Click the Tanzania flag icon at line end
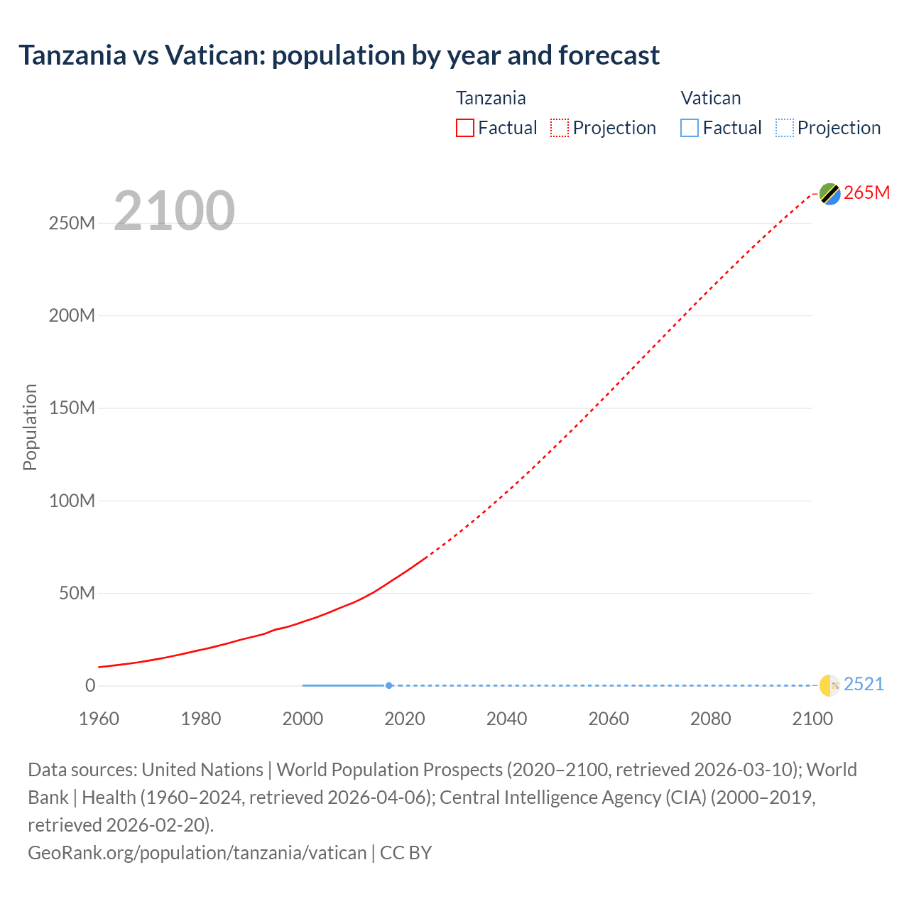[x=829, y=193]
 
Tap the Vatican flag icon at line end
[x=829, y=685]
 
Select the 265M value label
[x=866, y=192]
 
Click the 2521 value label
[x=864, y=684]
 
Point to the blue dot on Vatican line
[x=388, y=685]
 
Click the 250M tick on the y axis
[x=72, y=223]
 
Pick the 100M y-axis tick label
[x=72, y=501]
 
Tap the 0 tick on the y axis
[x=90, y=685]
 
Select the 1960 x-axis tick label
[x=99, y=719]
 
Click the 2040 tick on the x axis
[x=506, y=719]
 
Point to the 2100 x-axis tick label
[x=812, y=719]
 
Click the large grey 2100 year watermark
[x=174, y=210]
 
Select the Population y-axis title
[x=30, y=427]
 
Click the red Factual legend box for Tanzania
[x=464, y=128]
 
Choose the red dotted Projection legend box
[x=560, y=128]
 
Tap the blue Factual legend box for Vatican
[x=689, y=128]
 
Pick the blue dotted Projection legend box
[x=784, y=128]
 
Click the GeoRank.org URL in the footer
[x=197, y=852]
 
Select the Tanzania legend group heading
[x=491, y=98]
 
